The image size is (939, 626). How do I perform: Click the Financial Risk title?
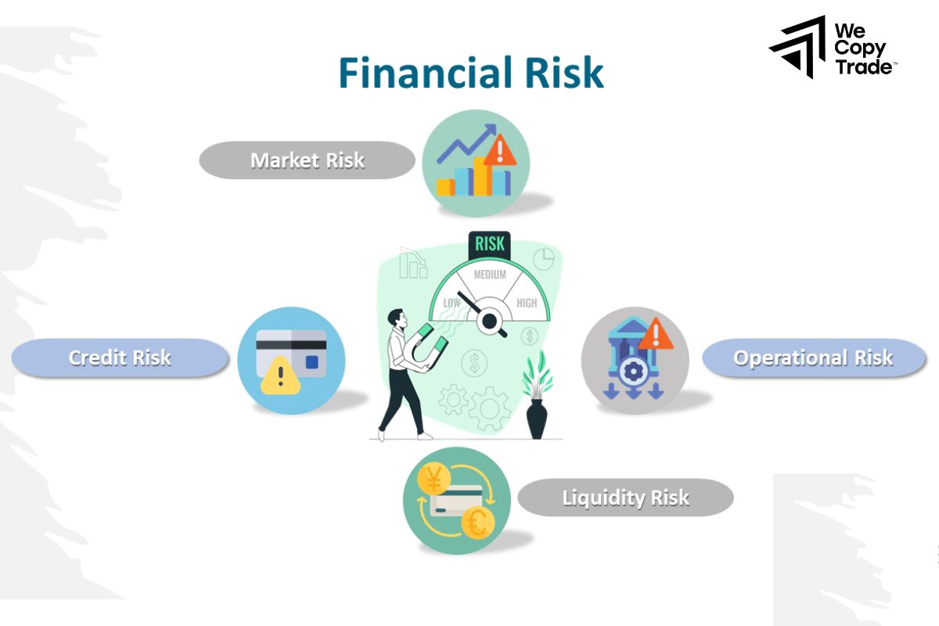(470, 73)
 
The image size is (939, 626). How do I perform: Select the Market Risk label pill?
(307, 160)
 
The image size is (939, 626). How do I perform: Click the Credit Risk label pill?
(120, 358)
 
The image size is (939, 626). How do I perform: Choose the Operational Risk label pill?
(813, 358)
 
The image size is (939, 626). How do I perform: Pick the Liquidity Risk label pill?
(625, 498)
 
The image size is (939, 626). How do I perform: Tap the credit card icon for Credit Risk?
(291, 353)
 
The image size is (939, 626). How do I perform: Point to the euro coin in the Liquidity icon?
(477, 522)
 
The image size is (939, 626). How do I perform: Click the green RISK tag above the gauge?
(489, 244)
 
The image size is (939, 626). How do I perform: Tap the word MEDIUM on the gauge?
(490, 275)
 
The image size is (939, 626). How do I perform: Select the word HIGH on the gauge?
(527, 303)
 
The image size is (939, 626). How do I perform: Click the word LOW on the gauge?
(452, 303)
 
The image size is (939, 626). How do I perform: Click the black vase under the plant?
(537, 419)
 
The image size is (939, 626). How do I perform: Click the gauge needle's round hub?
(491, 320)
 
